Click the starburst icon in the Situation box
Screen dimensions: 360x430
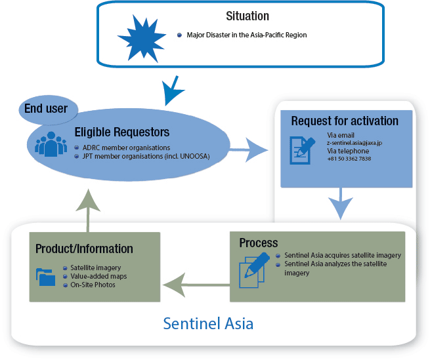click(x=142, y=37)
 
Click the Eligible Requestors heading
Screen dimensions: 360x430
click(x=122, y=132)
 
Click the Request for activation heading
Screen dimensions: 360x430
click(x=345, y=121)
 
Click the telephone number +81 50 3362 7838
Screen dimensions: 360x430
click(x=349, y=159)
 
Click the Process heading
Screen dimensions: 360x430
click(x=259, y=243)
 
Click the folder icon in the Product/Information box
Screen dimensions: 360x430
click(x=46, y=277)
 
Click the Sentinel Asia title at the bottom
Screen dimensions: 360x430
click(x=208, y=323)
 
